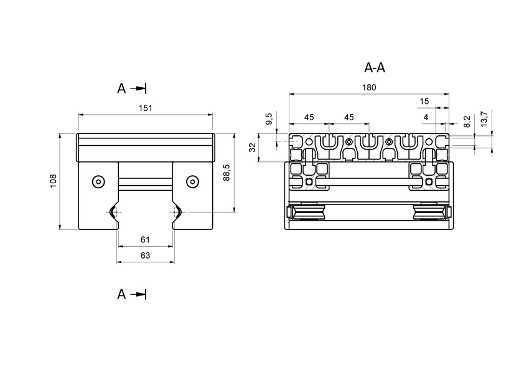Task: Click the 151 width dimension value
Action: [x=145, y=108]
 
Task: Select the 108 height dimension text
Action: [x=53, y=181]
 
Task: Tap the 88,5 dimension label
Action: [x=227, y=173]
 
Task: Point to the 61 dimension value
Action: [x=145, y=239]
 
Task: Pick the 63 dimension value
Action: [x=145, y=255]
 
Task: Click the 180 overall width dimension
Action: [x=368, y=88]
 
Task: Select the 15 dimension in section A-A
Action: [x=424, y=101]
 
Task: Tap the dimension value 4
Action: [x=426, y=117]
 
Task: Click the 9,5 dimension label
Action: [x=269, y=119]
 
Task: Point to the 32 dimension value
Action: [x=252, y=148]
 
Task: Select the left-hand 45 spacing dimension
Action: [x=309, y=117]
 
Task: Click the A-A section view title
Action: [x=375, y=68]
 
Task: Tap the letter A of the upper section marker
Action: [x=121, y=89]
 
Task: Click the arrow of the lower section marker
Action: [x=141, y=294]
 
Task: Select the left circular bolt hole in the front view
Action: [x=97, y=181]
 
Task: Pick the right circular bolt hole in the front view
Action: [x=192, y=181]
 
